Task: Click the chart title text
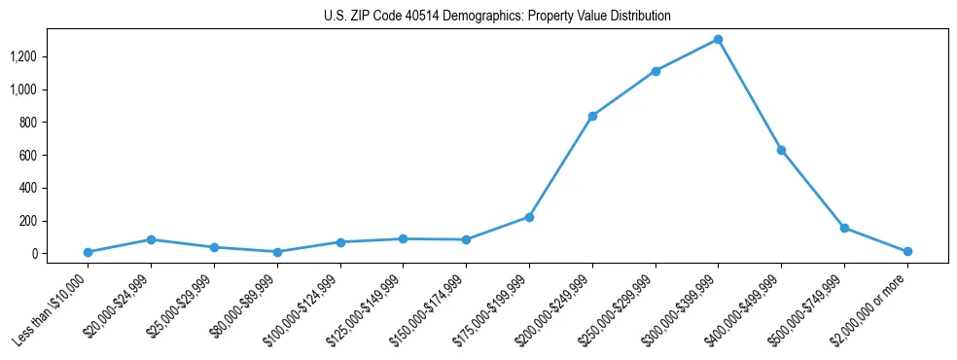click(x=497, y=16)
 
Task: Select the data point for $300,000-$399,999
click(x=718, y=39)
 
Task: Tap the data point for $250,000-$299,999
click(x=656, y=71)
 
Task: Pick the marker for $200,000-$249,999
click(x=592, y=116)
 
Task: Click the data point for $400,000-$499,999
click(x=781, y=150)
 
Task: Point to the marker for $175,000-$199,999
click(x=529, y=217)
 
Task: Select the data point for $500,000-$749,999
click(x=844, y=228)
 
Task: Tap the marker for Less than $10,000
click(x=89, y=252)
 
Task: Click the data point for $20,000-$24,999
click(x=152, y=239)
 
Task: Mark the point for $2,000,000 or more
click(x=907, y=251)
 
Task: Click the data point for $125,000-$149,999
click(x=404, y=238)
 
